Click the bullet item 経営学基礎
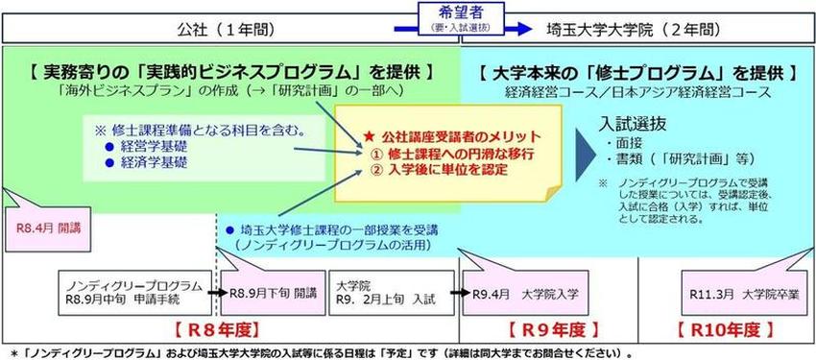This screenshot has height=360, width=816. [x=155, y=148]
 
